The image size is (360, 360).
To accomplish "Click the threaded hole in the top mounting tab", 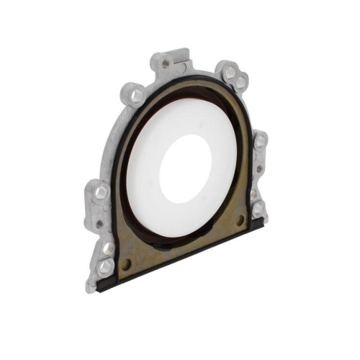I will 166,63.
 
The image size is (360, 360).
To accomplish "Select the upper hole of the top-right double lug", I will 230,73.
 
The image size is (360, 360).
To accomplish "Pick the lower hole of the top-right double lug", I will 240,83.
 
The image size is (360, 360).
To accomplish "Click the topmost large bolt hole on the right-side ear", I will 258,141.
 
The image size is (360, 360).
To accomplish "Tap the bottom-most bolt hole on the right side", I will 257,209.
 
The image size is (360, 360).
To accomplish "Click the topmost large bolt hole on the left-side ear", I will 102,192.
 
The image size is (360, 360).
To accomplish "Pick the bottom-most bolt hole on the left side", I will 106,266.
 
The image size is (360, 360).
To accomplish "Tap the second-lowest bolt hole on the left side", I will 108,248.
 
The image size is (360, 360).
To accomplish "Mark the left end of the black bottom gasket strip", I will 101,284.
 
